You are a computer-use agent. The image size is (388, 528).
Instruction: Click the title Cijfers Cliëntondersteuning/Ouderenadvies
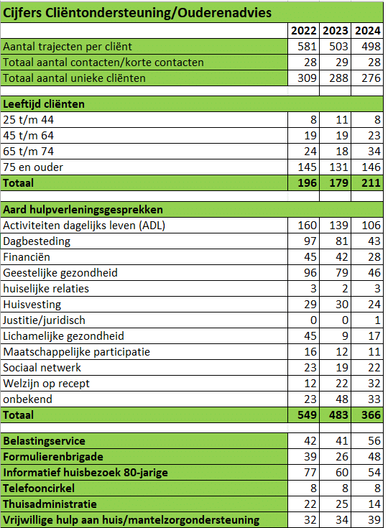(137, 13)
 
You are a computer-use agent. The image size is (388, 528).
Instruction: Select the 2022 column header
(304, 31)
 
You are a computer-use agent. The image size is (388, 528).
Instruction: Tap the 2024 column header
(367, 31)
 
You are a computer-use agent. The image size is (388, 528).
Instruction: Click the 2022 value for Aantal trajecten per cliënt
(307, 47)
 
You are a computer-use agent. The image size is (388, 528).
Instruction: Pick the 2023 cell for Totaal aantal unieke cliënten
(338, 78)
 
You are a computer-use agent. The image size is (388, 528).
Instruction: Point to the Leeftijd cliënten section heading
(44, 104)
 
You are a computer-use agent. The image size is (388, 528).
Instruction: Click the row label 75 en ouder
(33, 167)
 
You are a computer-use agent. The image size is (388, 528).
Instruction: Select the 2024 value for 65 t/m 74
(374, 152)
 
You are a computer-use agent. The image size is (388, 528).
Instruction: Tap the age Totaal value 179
(338, 183)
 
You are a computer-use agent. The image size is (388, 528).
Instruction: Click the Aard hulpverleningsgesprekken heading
(83, 210)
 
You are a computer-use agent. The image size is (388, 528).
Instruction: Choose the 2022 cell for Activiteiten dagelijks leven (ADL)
(307, 226)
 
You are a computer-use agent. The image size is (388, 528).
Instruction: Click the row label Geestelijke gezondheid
(60, 273)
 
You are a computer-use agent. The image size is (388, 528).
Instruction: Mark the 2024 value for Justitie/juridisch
(377, 320)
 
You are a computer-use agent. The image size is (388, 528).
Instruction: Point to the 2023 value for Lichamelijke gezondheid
(345, 336)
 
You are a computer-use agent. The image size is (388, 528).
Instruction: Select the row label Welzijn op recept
(46, 384)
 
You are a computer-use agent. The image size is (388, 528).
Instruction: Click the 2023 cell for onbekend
(341, 399)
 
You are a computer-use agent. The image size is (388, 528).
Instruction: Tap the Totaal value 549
(307, 415)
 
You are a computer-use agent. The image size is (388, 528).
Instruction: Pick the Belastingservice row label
(44, 441)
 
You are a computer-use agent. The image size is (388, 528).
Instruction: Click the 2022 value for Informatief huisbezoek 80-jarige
(310, 473)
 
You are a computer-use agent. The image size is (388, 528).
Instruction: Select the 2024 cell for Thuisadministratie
(374, 504)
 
